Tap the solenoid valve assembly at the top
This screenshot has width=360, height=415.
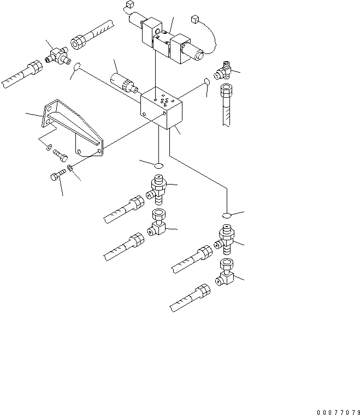pyautogui.click(x=169, y=40)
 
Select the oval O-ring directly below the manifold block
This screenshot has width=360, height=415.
pyautogui.click(x=159, y=165)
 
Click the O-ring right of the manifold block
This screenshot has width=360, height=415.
pyautogui.click(x=207, y=82)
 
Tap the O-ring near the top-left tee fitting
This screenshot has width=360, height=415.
pyautogui.click(x=77, y=68)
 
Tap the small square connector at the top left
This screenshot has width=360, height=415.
pyautogui.click(x=129, y=5)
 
